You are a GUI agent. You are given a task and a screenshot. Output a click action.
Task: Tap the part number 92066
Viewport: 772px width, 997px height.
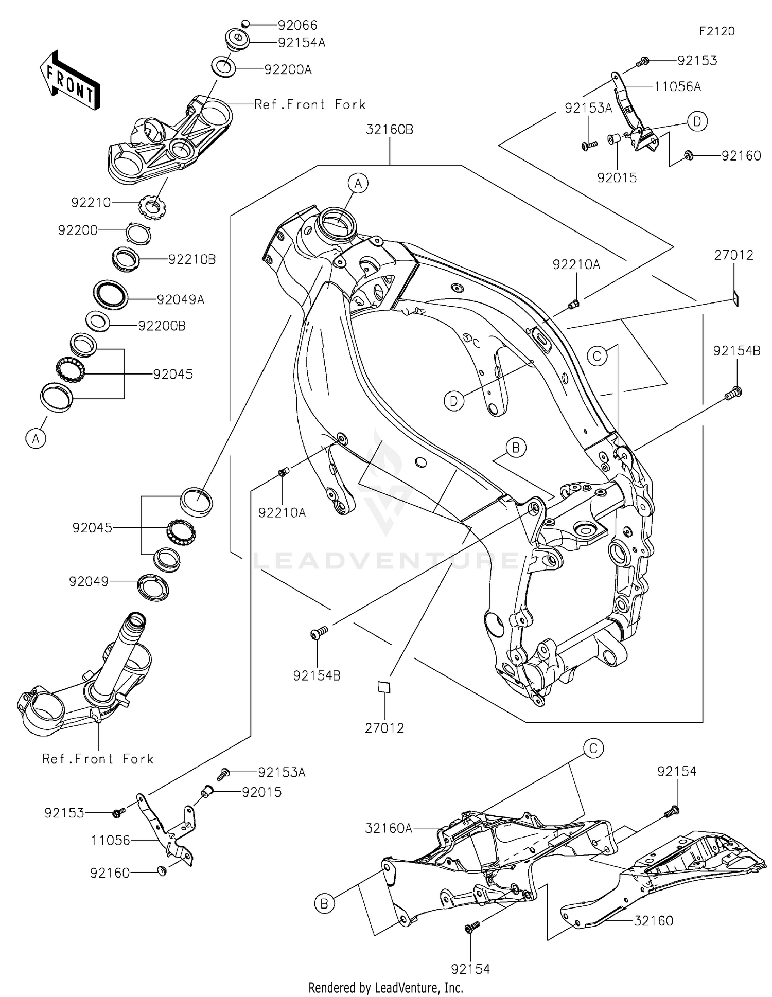point(297,25)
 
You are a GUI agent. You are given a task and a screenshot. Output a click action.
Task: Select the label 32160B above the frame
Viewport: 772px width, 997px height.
point(390,130)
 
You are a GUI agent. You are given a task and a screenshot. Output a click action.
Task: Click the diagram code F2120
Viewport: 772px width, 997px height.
point(717,31)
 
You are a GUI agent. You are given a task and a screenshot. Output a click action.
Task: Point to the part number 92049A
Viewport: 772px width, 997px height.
point(180,299)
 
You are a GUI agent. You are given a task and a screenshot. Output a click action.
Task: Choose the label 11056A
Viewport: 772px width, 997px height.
point(677,86)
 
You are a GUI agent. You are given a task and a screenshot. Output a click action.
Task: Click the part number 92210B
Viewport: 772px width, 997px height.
point(191,259)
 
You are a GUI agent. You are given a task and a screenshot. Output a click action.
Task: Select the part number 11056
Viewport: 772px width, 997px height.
point(111,840)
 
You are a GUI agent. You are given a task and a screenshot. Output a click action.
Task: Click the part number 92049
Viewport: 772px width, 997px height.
point(89,581)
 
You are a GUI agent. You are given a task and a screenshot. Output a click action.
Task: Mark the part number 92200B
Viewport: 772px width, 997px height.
point(162,326)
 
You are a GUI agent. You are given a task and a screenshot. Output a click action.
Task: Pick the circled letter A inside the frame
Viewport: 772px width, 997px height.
point(358,183)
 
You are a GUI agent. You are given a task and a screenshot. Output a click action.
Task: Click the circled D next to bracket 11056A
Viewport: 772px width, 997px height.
point(697,122)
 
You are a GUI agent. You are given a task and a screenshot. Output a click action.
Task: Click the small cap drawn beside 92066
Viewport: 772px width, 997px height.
point(246,23)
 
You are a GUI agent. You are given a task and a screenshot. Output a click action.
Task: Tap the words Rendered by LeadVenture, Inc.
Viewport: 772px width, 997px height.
point(385,987)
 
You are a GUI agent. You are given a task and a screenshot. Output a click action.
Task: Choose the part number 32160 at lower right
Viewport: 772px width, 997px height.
point(653,920)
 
